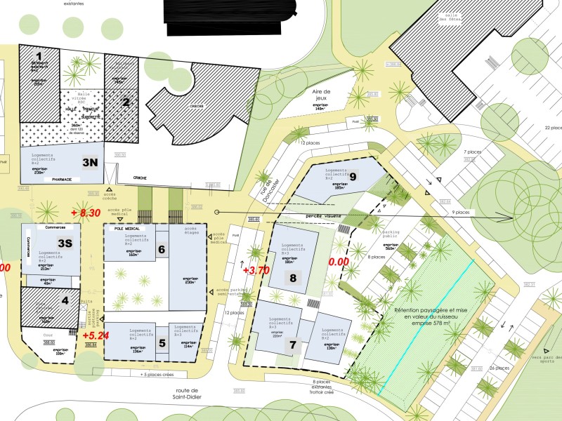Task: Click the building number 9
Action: click(x=353, y=177)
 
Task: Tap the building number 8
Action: click(x=294, y=277)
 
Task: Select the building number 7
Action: click(x=294, y=345)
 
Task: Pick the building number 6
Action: click(x=161, y=249)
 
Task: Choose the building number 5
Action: click(x=162, y=343)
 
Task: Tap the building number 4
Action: click(x=65, y=302)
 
